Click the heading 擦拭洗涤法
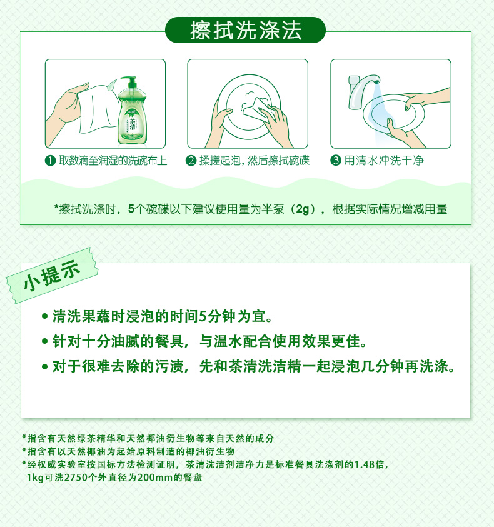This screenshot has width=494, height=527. pyautogui.click(x=246, y=30)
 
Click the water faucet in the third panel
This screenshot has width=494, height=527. pyautogui.click(x=363, y=91)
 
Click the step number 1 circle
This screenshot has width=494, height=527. pyautogui.click(x=50, y=161)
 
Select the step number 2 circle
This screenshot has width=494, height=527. pyautogui.click(x=191, y=161)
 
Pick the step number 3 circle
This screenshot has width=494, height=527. pyautogui.click(x=336, y=160)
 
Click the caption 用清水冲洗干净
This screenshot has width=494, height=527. pyautogui.click(x=384, y=160)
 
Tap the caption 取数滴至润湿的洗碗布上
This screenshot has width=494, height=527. pyautogui.click(x=113, y=161)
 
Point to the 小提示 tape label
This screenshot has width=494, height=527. pyautogui.click(x=52, y=276)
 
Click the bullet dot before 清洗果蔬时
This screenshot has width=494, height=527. pyautogui.click(x=45, y=316)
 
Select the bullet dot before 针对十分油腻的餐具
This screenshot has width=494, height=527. pyautogui.click(x=45, y=341)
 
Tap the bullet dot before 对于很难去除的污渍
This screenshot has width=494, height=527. pyautogui.click(x=45, y=366)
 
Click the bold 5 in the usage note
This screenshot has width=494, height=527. pyautogui.click(x=131, y=209)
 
